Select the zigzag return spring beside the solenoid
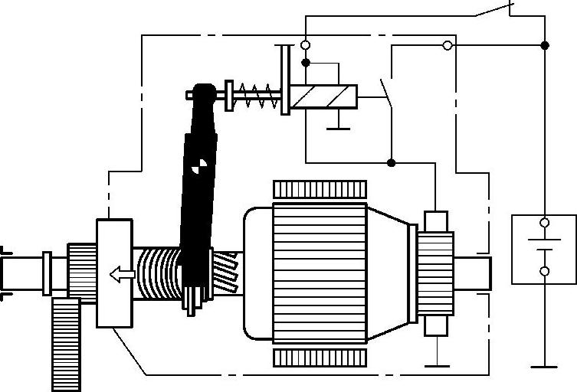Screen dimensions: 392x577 coord(255,96)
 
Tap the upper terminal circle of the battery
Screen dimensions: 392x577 coord(545,223)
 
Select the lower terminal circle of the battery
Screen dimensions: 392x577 coord(545,272)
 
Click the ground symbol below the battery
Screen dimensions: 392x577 coord(545,367)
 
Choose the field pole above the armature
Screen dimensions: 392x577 coord(320,188)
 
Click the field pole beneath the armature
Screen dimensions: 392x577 coord(320,358)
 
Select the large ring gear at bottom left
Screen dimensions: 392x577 coord(66,344)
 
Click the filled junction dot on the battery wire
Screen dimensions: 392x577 coord(545,45)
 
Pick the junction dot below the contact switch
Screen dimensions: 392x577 coord(391,162)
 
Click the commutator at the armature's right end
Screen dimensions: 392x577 coord(435,273)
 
